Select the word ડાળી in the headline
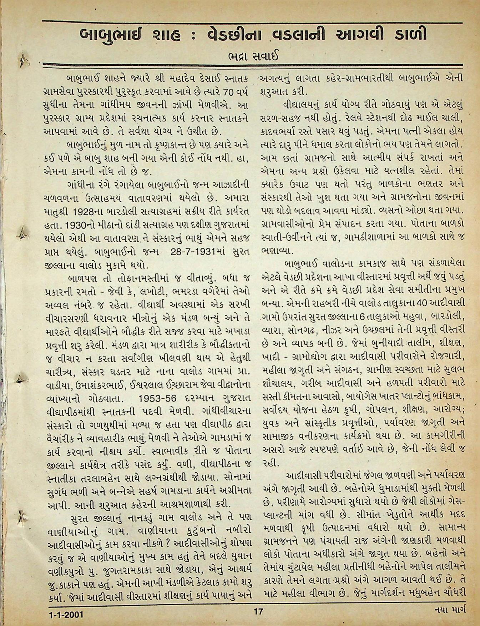(x=408, y=35)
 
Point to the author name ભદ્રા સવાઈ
(x=252, y=56)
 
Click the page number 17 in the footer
(x=258, y=611)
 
